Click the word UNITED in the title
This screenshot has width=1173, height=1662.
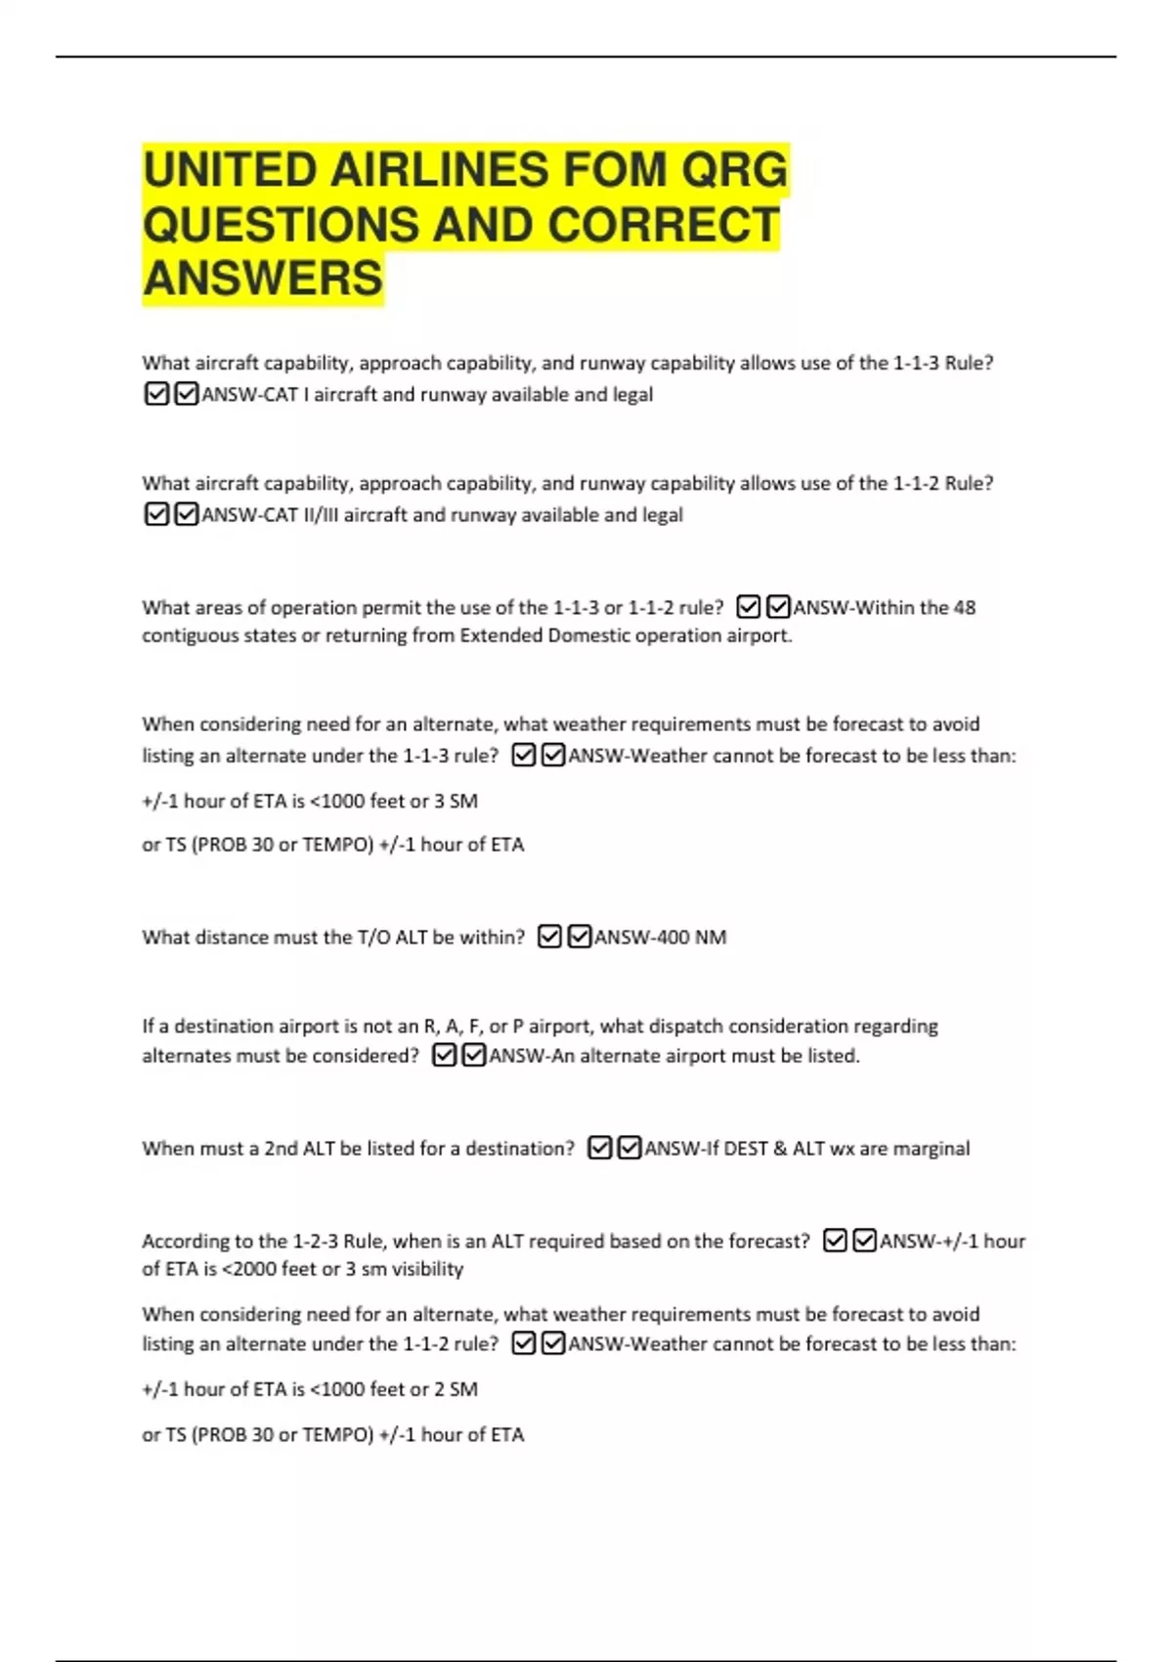(229, 170)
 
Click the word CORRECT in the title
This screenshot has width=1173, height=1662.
(664, 224)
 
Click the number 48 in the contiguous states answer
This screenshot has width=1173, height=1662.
(964, 607)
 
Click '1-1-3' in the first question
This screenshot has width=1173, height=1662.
(916, 363)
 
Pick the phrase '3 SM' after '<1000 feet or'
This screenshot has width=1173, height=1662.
(456, 801)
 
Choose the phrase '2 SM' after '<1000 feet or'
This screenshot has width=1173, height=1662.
(456, 1389)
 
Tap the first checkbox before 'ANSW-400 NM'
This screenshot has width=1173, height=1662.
(549, 937)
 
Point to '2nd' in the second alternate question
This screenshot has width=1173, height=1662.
(281, 1148)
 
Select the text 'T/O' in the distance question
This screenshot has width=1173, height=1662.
(373, 937)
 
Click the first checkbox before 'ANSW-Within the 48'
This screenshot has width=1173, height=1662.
(748, 607)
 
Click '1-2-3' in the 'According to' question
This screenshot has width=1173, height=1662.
(315, 1241)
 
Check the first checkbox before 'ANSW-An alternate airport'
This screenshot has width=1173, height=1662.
(444, 1056)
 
